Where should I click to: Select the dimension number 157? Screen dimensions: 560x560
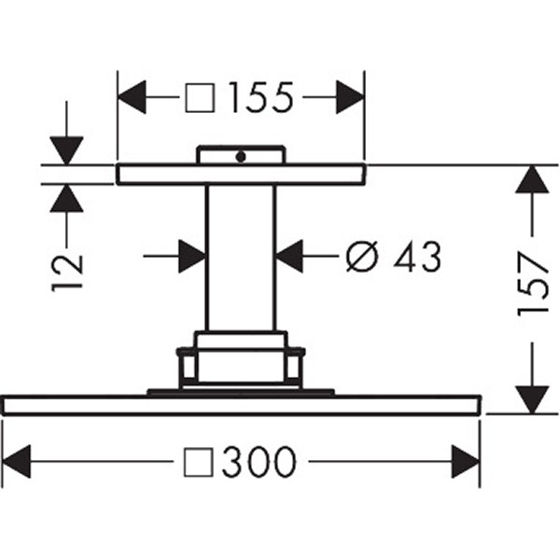click(x=533, y=284)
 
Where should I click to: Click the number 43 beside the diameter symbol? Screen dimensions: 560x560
click(x=416, y=257)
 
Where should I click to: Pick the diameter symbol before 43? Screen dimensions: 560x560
click(x=362, y=257)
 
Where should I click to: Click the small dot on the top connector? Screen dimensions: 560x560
click(x=240, y=157)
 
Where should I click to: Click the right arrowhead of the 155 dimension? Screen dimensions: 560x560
click(x=349, y=96)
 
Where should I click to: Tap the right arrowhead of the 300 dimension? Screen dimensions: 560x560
click(x=465, y=461)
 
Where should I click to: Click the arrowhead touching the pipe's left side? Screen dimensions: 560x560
click(x=192, y=256)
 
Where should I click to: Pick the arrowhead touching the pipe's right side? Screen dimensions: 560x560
click(x=290, y=256)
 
